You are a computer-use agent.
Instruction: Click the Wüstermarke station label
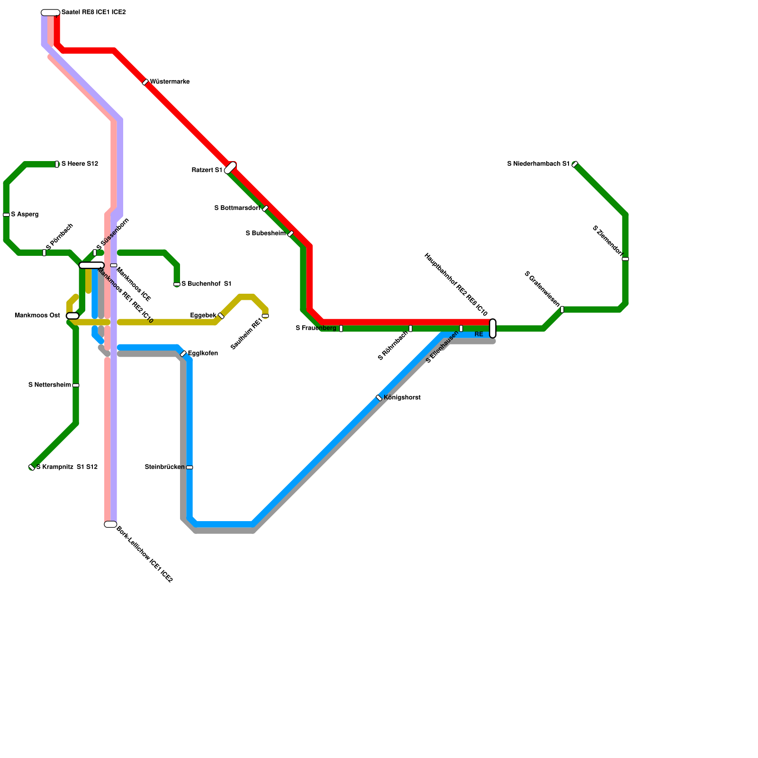(170, 82)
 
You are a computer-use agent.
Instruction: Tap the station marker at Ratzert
(230, 168)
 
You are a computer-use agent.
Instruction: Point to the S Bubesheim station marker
(290, 234)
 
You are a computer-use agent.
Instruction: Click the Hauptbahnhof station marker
(493, 328)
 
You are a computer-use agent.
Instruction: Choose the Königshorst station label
(402, 398)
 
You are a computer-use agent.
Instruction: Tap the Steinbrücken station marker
(189, 468)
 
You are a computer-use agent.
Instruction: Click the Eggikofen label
(203, 353)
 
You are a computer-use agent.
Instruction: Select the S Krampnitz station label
(67, 467)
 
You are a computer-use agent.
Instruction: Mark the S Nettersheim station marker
(76, 386)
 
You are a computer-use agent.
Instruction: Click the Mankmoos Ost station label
(37, 316)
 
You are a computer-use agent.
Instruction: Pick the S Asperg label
(25, 215)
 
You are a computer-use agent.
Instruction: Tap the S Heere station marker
(57, 164)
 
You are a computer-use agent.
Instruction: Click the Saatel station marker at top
(50, 13)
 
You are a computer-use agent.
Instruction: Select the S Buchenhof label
(206, 284)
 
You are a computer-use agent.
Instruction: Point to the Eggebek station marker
(221, 316)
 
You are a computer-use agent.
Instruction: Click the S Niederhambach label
(538, 164)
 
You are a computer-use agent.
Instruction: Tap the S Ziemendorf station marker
(625, 259)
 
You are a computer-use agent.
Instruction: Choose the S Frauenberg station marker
(341, 328)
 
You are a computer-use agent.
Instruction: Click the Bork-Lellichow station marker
(110, 524)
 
